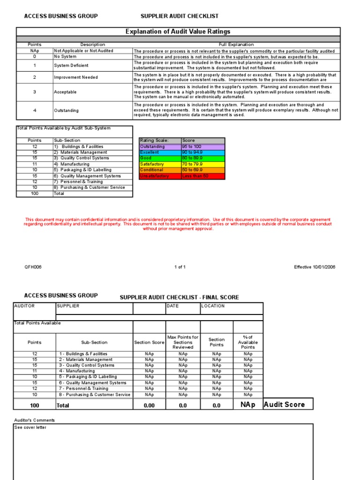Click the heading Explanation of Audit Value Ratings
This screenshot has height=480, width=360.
click(x=178, y=31)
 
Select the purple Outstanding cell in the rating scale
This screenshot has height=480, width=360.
click(x=160, y=147)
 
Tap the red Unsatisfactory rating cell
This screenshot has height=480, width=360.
click(x=160, y=176)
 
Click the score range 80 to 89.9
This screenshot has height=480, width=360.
click(x=203, y=158)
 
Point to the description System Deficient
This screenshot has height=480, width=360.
click(x=71, y=66)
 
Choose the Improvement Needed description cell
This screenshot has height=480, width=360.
click(x=76, y=77)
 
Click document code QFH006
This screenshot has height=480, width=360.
click(x=33, y=267)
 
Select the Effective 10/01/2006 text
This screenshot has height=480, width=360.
click(x=315, y=267)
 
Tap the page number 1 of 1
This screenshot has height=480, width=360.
click(x=180, y=267)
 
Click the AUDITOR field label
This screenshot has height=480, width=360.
click(x=24, y=306)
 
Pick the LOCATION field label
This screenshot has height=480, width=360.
click(x=213, y=306)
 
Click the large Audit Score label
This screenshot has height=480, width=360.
click(x=285, y=404)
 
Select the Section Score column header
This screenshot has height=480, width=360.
click(x=149, y=342)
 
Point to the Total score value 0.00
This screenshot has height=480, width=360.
click(x=149, y=405)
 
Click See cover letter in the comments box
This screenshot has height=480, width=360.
click(x=30, y=427)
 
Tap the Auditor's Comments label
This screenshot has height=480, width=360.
click(x=35, y=420)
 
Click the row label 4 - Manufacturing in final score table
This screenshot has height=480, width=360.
click(x=77, y=371)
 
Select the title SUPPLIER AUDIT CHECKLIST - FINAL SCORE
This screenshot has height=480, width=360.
click(x=180, y=297)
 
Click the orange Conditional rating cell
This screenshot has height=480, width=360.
click(x=160, y=170)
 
